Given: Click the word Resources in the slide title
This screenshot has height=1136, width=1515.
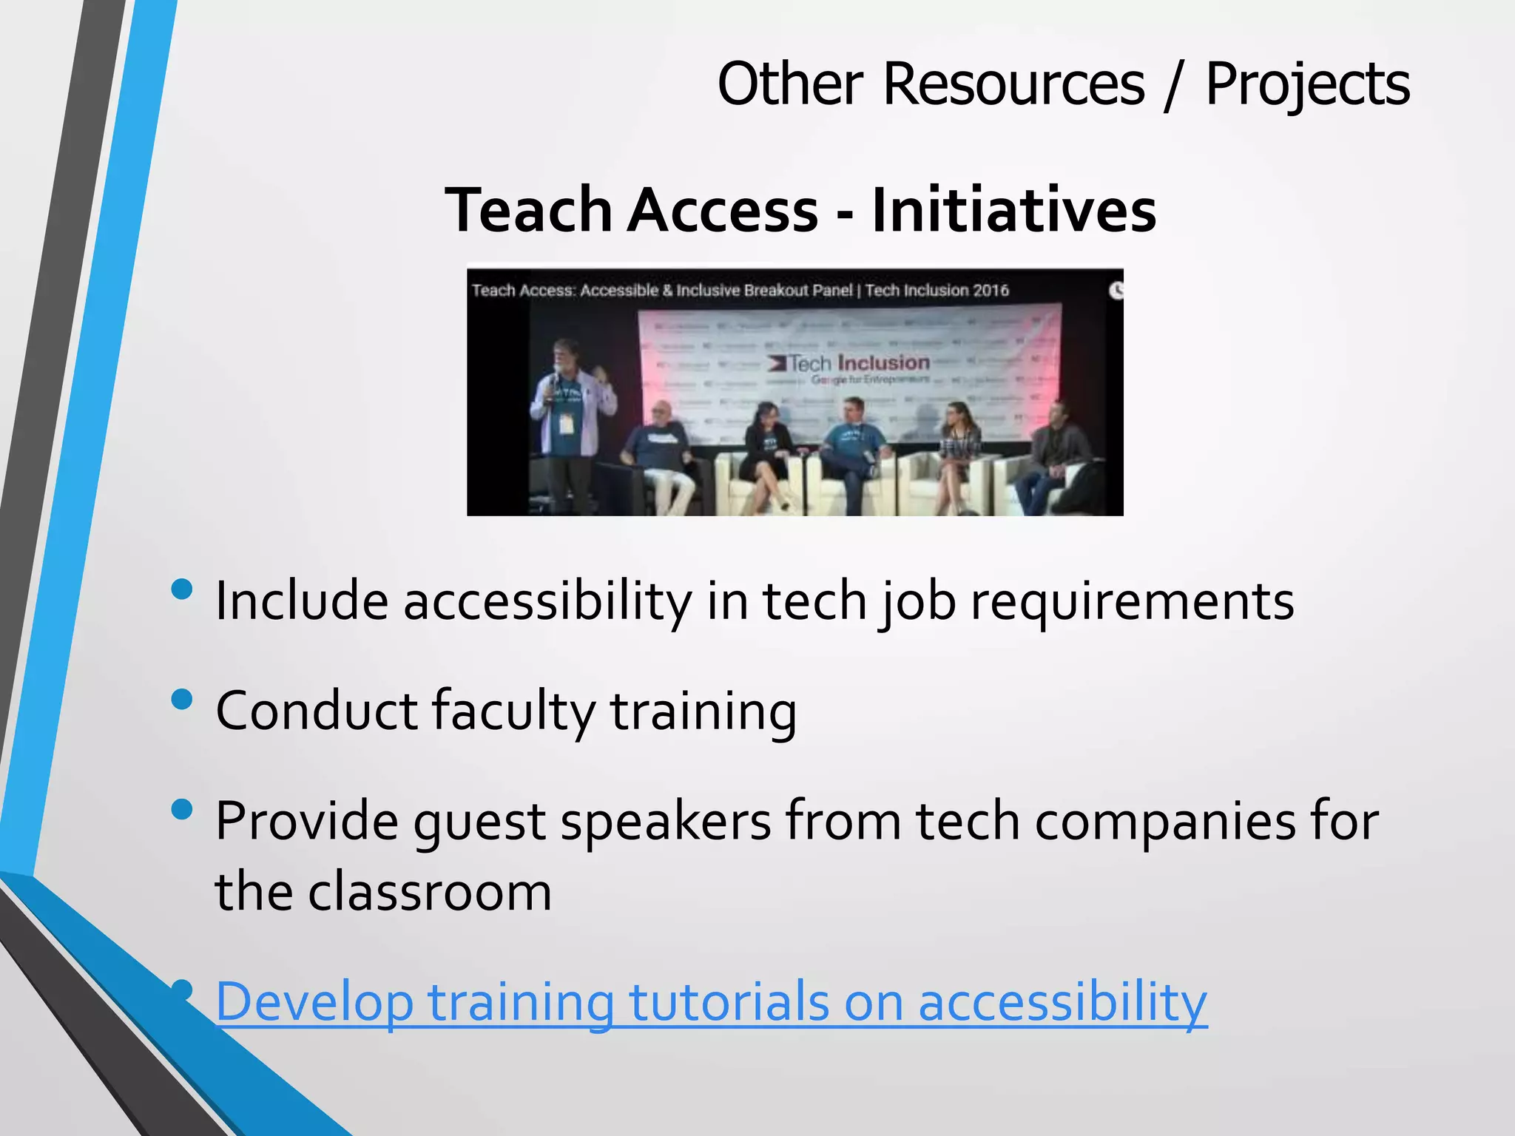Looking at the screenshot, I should pyautogui.click(x=1013, y=84).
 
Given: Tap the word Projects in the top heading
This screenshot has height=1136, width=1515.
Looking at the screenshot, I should pyautogui.click(x=1307, y=85).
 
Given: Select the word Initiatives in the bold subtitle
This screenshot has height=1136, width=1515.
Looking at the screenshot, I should pyautogui.click(x=1014, y=210).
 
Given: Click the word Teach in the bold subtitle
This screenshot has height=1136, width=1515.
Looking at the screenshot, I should pyautogui.click(x=528, y=210).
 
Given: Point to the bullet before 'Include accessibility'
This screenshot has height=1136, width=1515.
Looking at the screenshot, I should pyautogui.click(x=181, y=589).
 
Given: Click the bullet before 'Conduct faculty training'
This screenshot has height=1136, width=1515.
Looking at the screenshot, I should pyautogui.click(x=181, y=699).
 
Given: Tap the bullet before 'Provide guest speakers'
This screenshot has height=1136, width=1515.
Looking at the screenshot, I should pyautogui.click(x=181, y=809).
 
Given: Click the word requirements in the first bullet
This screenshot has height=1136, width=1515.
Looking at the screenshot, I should pyautogui.click(x=1132, y=601).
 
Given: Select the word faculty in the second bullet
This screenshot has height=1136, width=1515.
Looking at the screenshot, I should pyautogui.click(x=513, y=711).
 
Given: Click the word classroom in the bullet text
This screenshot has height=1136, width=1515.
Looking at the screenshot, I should pyautogui.click(x=430, y=892).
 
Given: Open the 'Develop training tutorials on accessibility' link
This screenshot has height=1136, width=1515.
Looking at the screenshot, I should pyautogui.click(x=711, y=1002).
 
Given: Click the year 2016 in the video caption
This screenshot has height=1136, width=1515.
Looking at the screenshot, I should pyautogui.click(x=991, y=291).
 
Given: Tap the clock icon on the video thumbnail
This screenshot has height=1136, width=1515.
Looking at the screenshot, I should pyautogui.click(x=1116, y=290).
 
